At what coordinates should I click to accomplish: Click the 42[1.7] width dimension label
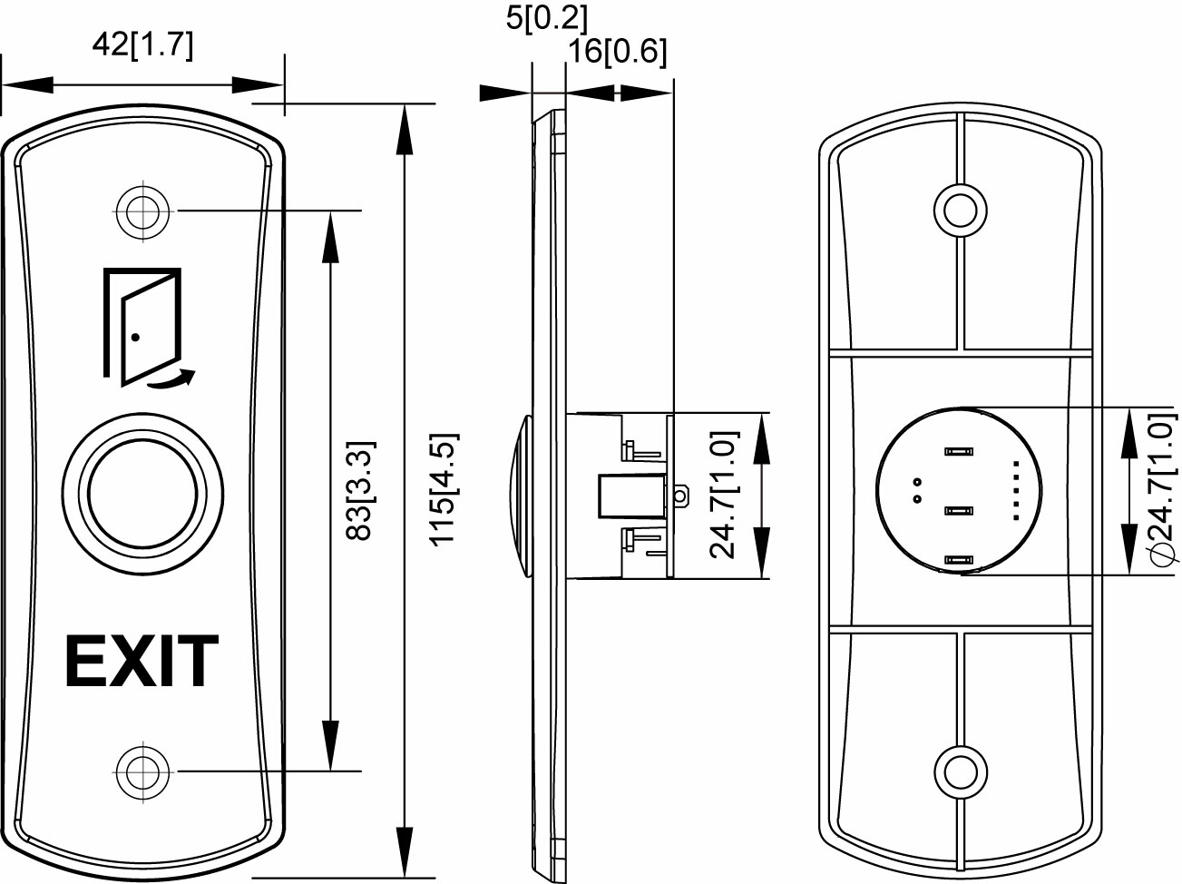pos(142,45)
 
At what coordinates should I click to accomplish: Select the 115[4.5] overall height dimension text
pos(442,490)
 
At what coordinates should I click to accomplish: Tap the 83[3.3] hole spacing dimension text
pos(360,490)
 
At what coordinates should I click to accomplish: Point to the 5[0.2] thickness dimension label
pos(546,17)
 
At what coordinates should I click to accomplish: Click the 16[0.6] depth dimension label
pos(617,52)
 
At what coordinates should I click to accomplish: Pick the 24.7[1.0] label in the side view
pos(723,495)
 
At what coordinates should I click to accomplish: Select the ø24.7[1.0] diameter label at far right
pos(1159,490)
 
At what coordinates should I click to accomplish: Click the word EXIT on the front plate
pos(142,662)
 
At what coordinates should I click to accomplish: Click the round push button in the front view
pos(143,494)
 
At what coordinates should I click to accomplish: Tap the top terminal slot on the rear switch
pos(958,450)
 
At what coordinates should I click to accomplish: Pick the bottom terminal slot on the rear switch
pos(958,561)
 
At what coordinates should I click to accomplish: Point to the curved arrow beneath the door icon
pos(172,379)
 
